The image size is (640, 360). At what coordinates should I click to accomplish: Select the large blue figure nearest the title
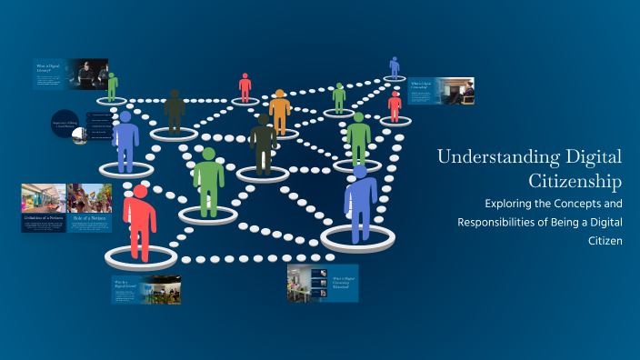tap(360, 201)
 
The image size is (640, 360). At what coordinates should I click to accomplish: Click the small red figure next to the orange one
tap(245, 87)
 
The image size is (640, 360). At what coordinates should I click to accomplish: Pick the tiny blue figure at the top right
tap(395, 66)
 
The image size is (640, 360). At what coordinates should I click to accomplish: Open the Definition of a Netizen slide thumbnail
tap(44, 208)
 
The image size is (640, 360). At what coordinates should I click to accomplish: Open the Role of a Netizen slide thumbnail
tap(89, 208)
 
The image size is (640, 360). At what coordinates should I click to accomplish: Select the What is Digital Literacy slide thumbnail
tap(71, 75)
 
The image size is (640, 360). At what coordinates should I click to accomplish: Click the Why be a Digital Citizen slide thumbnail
tap(146, 289)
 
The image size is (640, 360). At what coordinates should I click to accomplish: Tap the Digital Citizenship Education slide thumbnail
tap(323, 283)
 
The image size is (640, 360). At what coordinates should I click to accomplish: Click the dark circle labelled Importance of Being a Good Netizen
tap(69, 128)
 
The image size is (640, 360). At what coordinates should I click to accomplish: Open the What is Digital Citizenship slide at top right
tap(441, 91)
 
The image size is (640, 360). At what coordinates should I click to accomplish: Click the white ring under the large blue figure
tap(358, 239)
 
